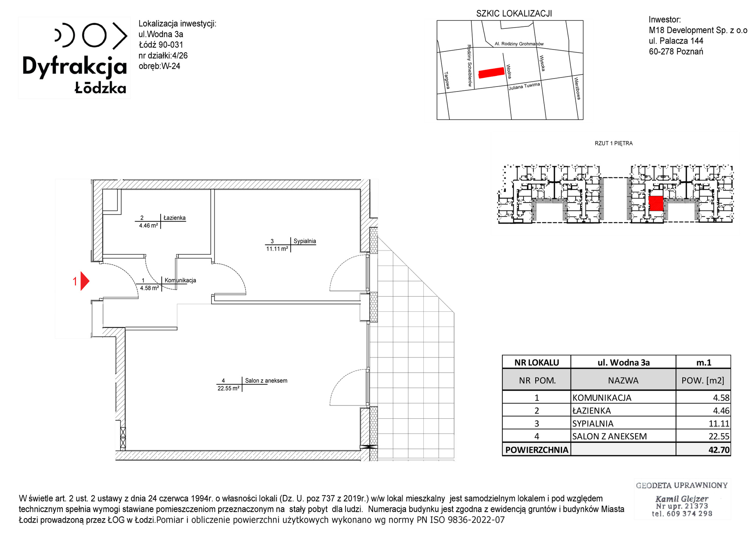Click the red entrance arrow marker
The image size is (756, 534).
point(84,281)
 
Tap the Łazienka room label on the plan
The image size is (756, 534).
point(174,218)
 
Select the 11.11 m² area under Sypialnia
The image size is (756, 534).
point(277,249)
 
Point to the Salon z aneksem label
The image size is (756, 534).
point(266,381)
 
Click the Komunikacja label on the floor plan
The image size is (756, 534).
point(180,280)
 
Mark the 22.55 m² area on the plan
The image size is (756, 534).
point(228,388)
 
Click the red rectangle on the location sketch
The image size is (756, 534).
point(491,73)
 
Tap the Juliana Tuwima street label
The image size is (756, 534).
point(524,86)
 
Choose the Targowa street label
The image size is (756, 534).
point(447,80)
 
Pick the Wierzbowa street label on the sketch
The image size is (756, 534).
point(577,88)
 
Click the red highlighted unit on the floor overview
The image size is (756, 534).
point(656,203)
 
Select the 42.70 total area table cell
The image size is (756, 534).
point(703,449)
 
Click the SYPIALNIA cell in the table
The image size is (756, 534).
point(623,423)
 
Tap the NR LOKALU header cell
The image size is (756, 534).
point(536,362)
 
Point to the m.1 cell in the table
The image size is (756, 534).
point(703,362)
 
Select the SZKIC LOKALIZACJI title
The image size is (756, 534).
point(514,14)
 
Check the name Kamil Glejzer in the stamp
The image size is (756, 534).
point(682,499)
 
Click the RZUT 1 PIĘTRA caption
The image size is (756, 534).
point(613,143)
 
